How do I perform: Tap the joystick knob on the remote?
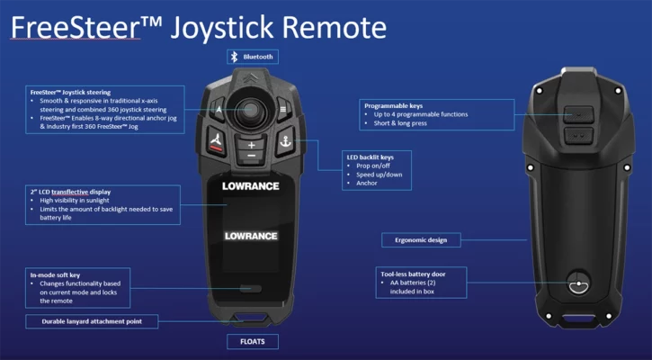(252, 110)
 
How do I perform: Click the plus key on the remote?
(251, 144)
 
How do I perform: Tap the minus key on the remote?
(251, 157)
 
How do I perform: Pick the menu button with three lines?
(282, 109)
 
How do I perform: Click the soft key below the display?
(251, 289)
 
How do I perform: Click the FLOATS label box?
(251, 341)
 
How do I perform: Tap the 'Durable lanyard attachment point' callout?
(92, 321)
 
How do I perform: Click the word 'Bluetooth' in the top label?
(258, 56)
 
